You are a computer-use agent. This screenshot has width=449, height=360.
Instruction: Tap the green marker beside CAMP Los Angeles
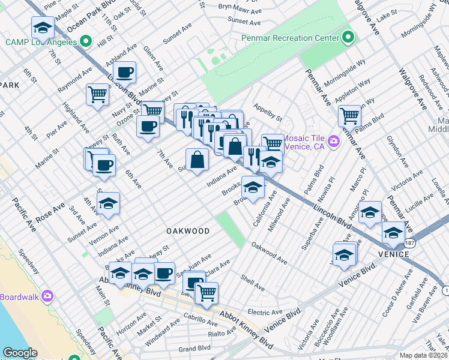[x=86, y=42]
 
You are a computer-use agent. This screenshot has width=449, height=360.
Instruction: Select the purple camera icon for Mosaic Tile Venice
[x=334, y=142]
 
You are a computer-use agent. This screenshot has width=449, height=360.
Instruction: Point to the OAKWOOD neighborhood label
[x=188, y=231]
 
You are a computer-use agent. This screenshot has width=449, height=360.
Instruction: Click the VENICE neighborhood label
[x=393, y=254]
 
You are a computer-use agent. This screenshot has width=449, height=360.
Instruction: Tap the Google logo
[x=20, y=353]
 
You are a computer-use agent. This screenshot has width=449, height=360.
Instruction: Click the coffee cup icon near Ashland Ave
[x=125, y=73]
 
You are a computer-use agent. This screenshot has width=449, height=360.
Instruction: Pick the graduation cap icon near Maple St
[x=43, y=27]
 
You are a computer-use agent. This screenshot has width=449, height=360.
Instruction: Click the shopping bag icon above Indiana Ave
[x=197, y=160]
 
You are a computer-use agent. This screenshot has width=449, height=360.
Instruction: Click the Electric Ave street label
[x=265, y=312]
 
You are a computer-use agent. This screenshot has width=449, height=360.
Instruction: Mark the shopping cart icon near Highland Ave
[x=97, y=94]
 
